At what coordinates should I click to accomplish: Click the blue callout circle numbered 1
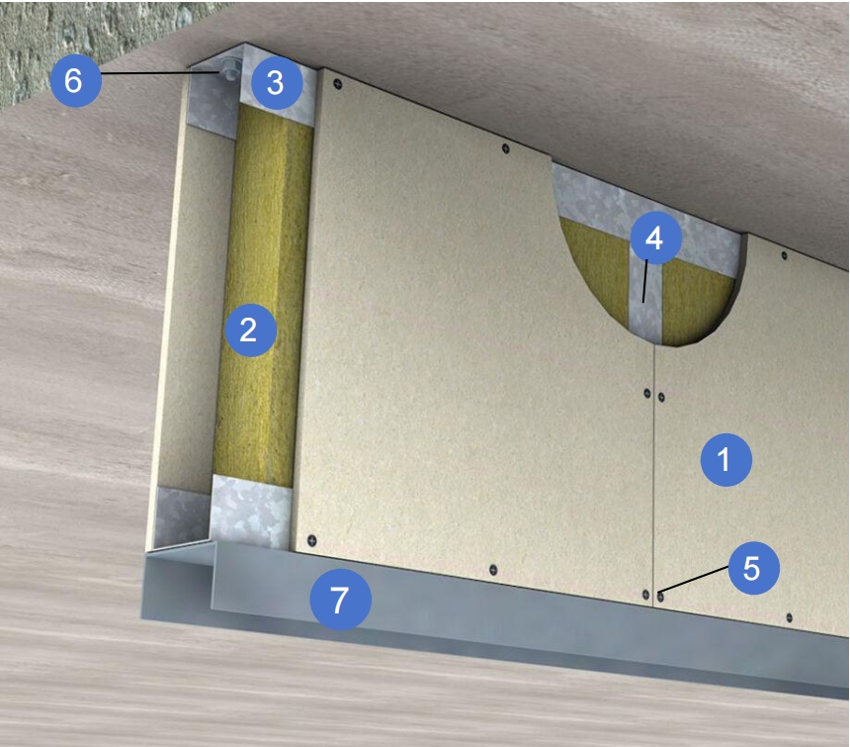pyautogui.click(x=725, y=459)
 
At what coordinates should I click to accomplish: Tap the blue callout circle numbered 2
pyautogui.click(x=250, y=329)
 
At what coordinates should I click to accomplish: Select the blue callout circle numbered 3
pyautogui.click(x=277, y=83)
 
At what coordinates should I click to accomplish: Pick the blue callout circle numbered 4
pyautogui.click(x=655, y=238)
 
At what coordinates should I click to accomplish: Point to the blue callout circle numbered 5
pyautogui.click(x=753, y=568)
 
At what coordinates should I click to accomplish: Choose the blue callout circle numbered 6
pyautogui.click(x=75, y=80)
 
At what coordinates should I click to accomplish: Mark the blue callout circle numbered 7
pyautogui.click(x=340, y=600)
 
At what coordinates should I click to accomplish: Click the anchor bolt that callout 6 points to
pyautogui.click(x=227, y=70)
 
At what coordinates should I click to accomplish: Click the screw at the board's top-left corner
pyautogui.click(x=338, y=83)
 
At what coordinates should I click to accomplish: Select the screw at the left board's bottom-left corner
pyautogui.click(x=311, y=540)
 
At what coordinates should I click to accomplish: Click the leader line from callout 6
pyautogui.click(x=161, y=72)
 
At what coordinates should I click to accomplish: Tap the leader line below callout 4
pyautogui.click(x=645, y=281)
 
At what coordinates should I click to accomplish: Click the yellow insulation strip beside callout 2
pyautogui.click(x=263, y=293)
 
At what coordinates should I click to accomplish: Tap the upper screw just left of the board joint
pyautogui.click(x=646, y=393)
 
